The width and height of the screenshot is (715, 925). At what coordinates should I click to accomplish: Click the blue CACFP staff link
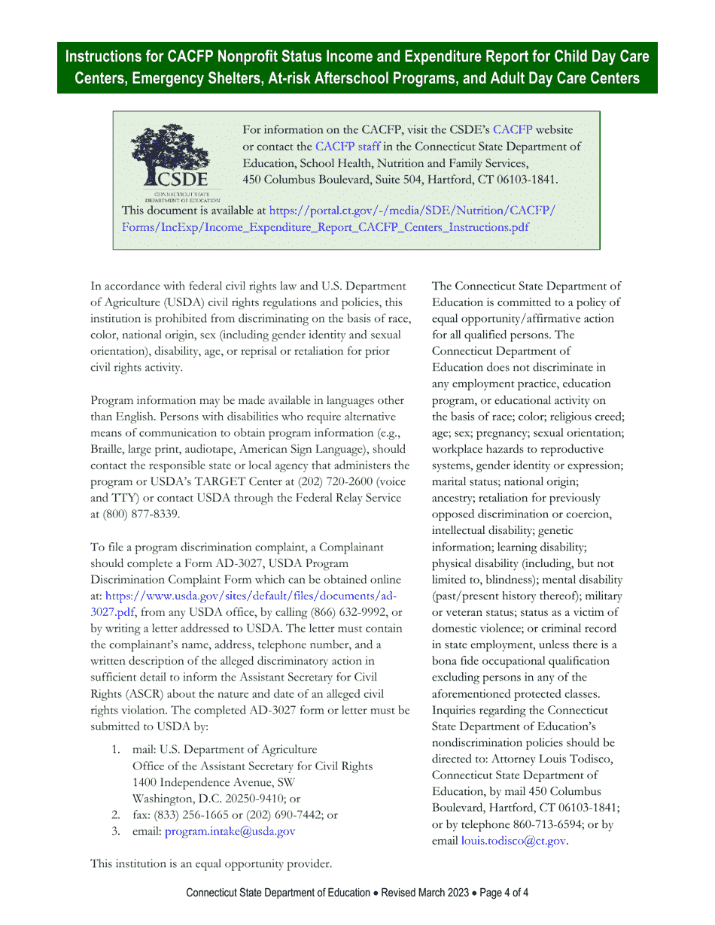pyautogui.click(x=347, y=146)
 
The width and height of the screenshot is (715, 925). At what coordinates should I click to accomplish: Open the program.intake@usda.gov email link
pyautogui.click(x=230, y=831)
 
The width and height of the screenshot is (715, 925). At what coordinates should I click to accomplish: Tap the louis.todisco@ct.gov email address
pyautogui.click(x=513, y=841)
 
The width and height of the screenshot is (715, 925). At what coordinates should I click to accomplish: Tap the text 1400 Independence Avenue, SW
pyautogui.click(x=213, y=782)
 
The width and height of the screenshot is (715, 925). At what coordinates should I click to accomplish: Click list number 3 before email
pyautogui.click(x=115, y=831)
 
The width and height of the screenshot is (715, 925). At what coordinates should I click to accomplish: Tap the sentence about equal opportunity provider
pyautogui.click(x=211, y=863)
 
